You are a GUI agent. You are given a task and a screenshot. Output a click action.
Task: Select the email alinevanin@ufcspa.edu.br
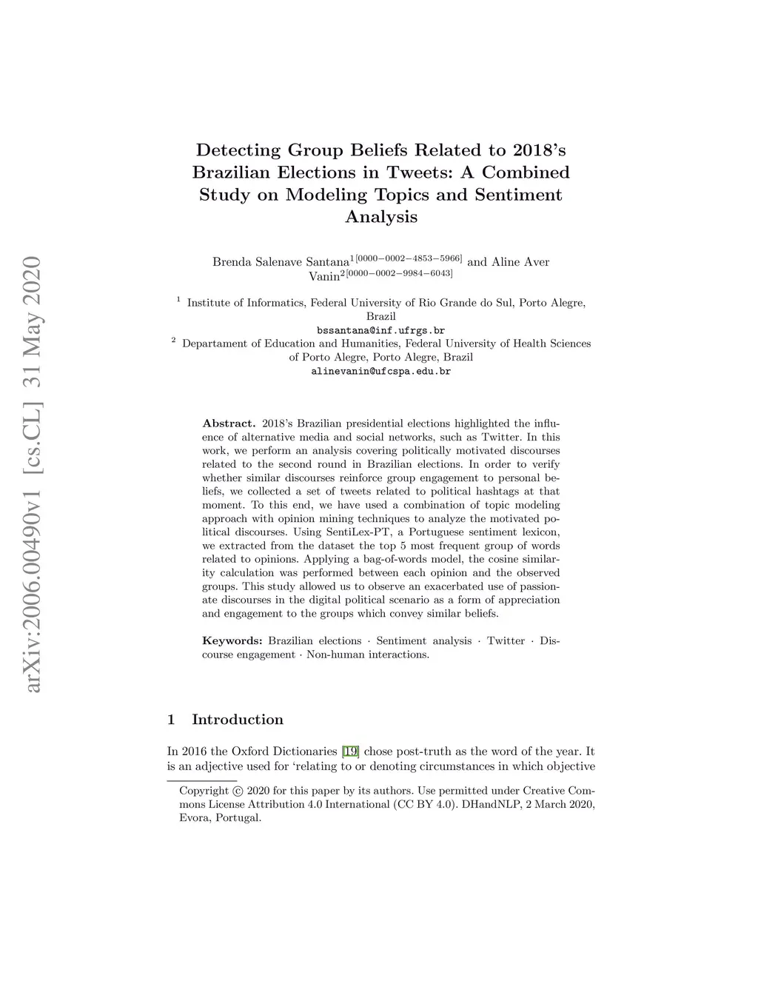[x=380, y=371]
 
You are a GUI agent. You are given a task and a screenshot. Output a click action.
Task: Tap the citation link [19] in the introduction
[x=351, y=751]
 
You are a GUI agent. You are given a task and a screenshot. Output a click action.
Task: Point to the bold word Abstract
[x=229, y=423]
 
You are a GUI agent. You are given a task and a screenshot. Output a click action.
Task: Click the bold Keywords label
[x=232, y=640]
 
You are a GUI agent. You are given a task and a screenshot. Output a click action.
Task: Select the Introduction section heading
[x=237, y=720]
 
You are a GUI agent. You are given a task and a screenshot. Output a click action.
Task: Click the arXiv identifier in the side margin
[x=32, y=474]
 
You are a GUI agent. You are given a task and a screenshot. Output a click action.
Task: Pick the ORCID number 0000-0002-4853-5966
[x=409, y=258]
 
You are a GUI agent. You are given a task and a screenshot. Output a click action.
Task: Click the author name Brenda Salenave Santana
[x=281, y=262]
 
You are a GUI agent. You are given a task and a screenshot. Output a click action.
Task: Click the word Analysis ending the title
[x=380, y=217]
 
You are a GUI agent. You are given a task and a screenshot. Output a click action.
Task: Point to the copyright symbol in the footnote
[x=238, y=791]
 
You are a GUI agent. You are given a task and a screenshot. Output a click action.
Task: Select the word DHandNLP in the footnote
[x=490, y=804]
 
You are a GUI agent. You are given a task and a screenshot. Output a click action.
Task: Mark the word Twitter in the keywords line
[x=506, y=640]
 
